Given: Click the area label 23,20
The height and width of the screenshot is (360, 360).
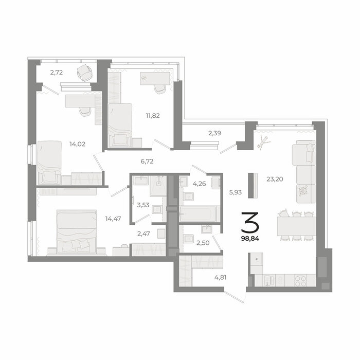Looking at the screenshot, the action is coord(275,179).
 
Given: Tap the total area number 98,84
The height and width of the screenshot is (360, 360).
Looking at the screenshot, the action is coord(250,239).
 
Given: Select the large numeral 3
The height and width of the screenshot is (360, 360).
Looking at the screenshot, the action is coord(250,223).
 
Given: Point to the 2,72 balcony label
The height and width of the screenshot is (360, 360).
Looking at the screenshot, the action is coord(57,73).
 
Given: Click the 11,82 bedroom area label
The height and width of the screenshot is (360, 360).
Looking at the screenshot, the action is coord(153,116).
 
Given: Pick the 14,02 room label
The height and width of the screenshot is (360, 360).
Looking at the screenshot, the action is coord(77,144).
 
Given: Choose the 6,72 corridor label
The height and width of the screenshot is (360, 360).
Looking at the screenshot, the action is coord(147,161).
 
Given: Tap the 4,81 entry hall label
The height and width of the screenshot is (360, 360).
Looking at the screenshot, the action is coord(221,277).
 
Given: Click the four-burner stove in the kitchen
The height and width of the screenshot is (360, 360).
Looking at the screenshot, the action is coord(300,281).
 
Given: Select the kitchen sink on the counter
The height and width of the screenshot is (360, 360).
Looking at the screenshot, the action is coord(269,280).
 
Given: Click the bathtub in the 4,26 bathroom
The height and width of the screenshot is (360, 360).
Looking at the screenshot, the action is coord(198,214).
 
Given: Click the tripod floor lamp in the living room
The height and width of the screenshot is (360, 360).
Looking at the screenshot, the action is coord(263,142).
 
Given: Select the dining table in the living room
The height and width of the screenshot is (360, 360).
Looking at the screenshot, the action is coord(296,226).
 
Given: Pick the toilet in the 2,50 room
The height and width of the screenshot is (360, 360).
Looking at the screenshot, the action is coord(189,238).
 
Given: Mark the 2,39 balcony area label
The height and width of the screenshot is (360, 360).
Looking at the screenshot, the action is coord(214,133).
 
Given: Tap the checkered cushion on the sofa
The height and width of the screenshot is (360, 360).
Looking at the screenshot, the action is coord(303,191).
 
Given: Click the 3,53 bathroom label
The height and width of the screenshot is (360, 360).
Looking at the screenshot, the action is coord(143,205).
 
